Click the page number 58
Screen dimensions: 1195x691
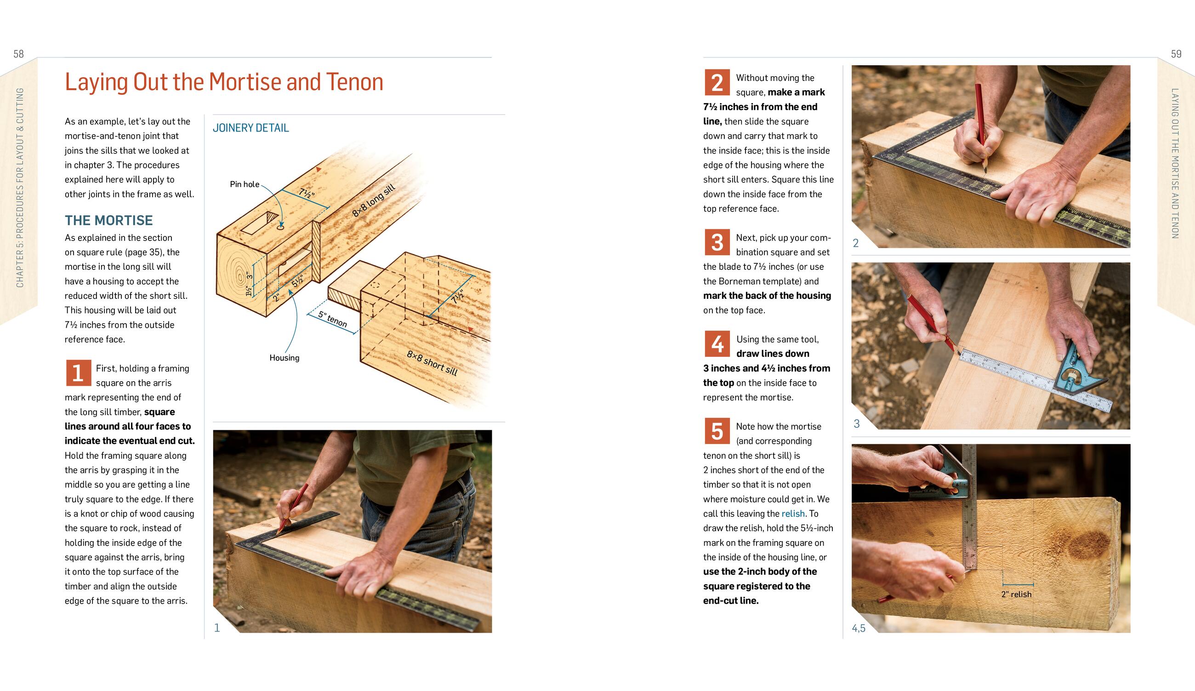click(18, 54)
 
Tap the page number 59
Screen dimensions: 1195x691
click(1176, 54)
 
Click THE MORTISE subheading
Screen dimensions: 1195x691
click(108, 221)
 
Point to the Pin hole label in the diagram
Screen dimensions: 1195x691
click(245, 184)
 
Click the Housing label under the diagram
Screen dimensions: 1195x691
click(285, 358)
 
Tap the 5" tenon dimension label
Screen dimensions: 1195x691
click(333, 319)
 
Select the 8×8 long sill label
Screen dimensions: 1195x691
click(374, 200)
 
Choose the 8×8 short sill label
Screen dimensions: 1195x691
click(432, 363)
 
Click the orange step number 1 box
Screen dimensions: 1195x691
click(78, 373)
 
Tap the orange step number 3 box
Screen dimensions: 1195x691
click(717, 242)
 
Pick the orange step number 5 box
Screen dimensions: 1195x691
click(717, 431)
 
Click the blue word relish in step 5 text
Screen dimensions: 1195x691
click(793, 514)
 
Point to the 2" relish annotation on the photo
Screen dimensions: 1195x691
click(1016, 594)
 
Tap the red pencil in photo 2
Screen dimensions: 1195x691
click(982, 128)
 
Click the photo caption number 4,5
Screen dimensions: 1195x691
click(859, 628)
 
